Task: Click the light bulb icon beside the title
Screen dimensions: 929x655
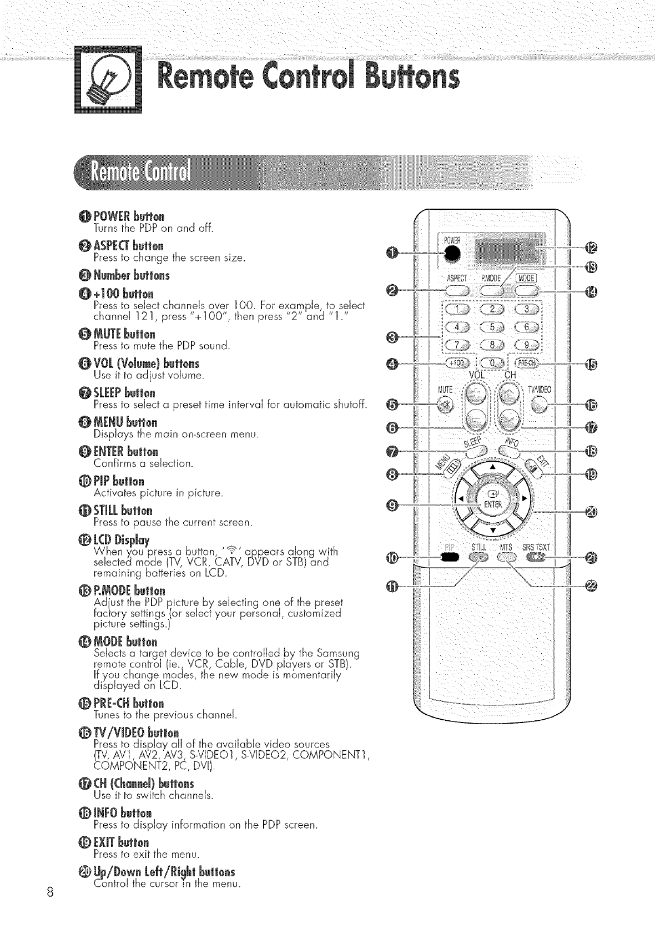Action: [x=108, y=82]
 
